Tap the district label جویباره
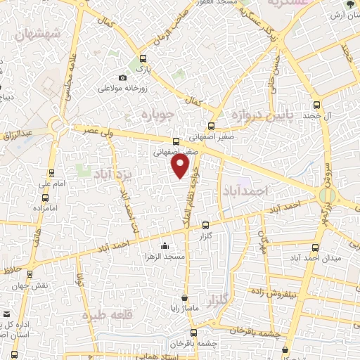[x=156, y=115]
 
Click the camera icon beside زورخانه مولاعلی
[x=123, y=77]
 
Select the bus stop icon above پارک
[x=143, y=59]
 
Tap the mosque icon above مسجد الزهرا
[x=165, y=245]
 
